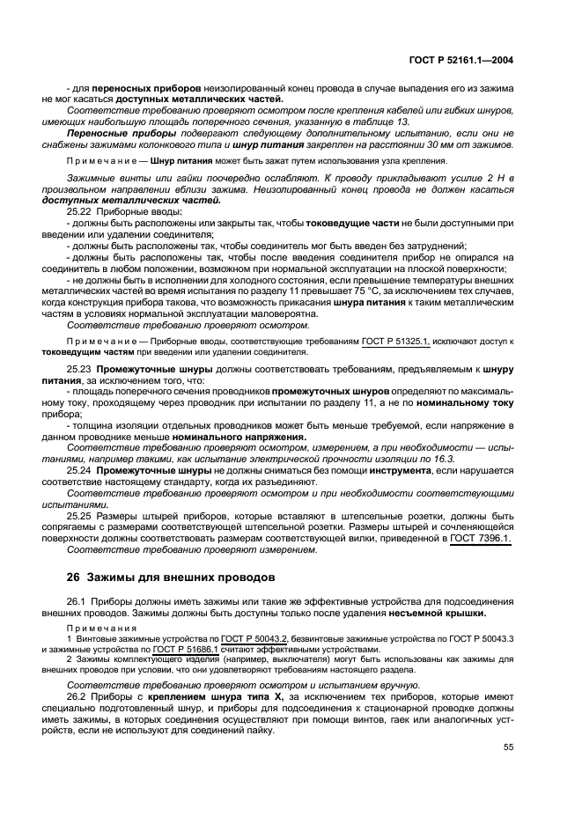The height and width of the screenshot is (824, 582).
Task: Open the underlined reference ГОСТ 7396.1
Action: point(481,538)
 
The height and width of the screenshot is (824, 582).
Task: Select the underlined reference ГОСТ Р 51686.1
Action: point(187,649)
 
